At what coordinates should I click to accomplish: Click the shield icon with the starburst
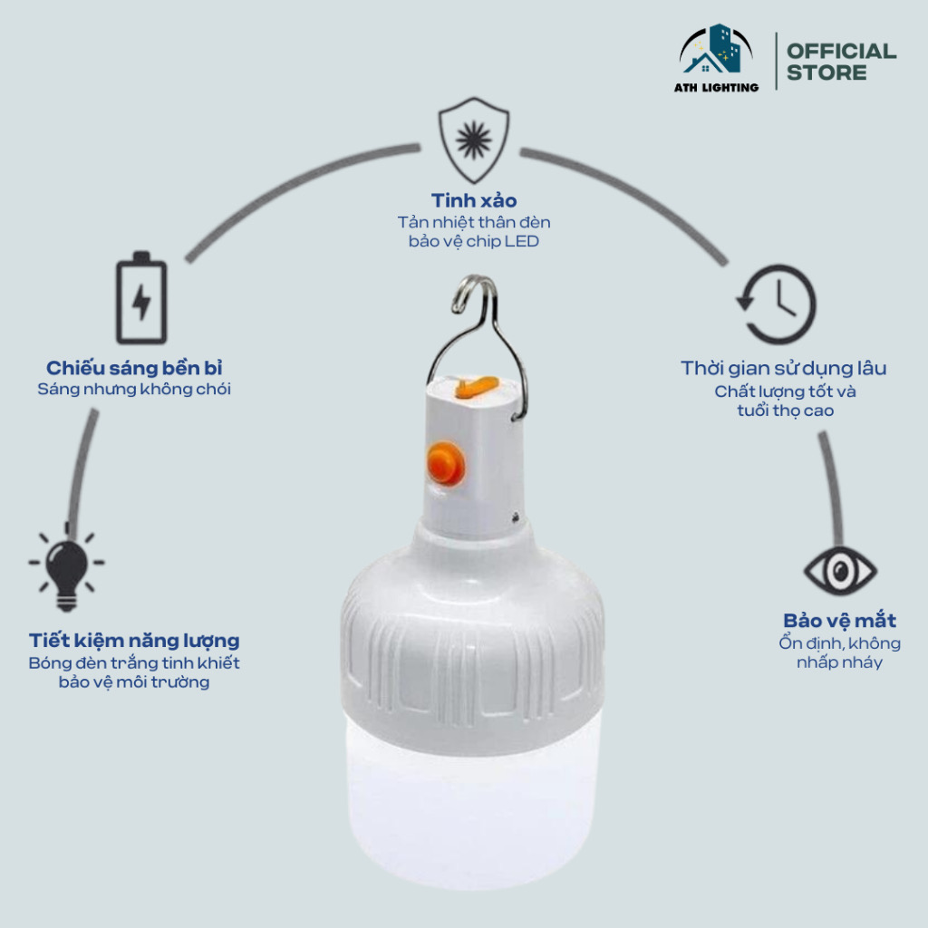473,140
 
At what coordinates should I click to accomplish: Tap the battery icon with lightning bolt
141,297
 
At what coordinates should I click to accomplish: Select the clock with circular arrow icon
777,304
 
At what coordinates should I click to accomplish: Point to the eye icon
840,571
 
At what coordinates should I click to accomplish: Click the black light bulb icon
67,568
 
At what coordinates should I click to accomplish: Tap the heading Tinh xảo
473,200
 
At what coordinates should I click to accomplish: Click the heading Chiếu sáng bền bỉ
134,368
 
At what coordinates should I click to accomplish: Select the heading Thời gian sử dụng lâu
784,368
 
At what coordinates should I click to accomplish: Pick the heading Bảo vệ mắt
839,620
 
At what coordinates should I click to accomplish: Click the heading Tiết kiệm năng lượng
134,641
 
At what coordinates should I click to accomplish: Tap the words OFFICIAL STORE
841,62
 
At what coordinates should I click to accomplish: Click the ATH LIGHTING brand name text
716,88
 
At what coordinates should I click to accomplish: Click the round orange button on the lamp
446,464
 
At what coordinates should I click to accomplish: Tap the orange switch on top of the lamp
475,388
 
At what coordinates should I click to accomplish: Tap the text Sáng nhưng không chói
134,390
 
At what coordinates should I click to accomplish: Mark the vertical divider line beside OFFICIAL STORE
776,62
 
